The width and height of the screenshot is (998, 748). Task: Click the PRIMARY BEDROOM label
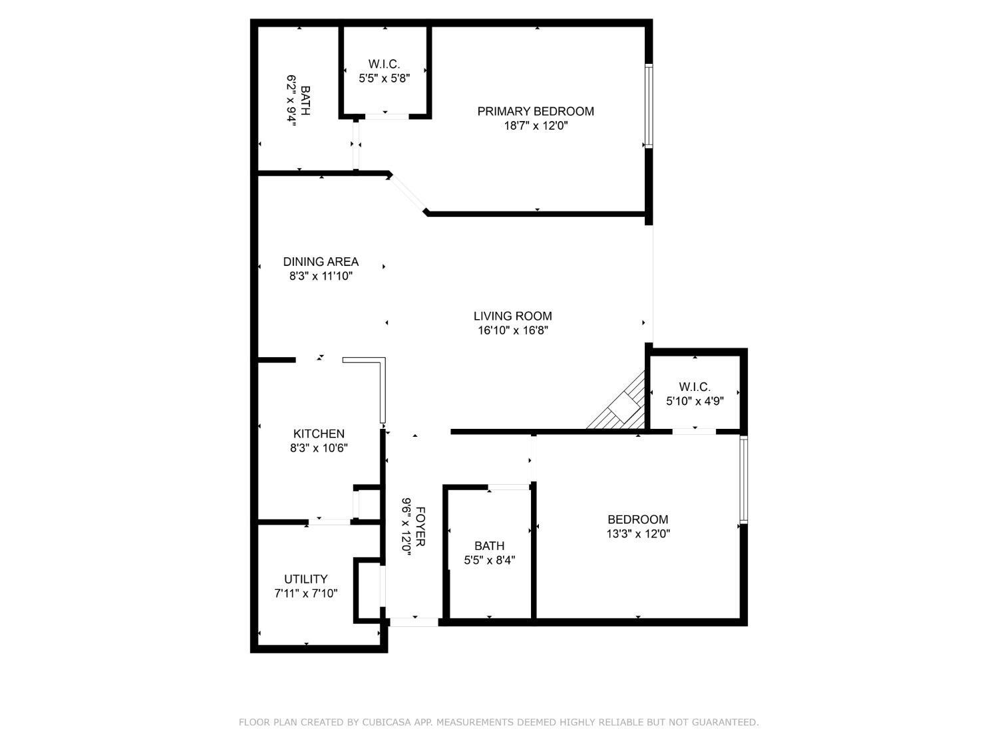536,111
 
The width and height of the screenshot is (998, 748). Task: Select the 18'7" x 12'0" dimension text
536,126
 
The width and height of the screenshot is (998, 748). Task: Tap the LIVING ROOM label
512,316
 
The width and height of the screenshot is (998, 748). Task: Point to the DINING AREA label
321,261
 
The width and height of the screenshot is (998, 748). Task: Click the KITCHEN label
319,434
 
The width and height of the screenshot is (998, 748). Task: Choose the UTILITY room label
305,578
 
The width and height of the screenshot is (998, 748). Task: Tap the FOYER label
420,526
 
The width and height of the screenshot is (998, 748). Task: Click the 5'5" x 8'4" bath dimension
490,560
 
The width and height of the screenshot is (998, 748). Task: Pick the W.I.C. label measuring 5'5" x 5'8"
384,64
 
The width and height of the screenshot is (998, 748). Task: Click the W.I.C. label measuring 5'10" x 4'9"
695,386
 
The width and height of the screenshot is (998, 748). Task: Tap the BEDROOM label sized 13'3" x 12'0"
637,519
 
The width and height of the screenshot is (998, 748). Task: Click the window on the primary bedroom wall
648,106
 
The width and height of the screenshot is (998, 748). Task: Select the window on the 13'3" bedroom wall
743,479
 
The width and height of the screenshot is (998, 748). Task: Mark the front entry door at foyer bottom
413,622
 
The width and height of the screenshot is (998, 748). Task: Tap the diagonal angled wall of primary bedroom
407,193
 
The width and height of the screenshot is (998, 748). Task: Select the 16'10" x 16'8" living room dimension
512,330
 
